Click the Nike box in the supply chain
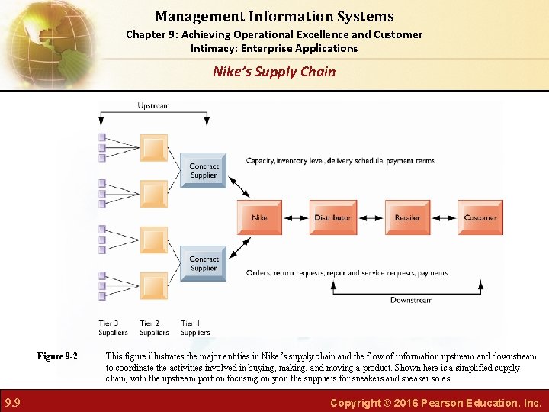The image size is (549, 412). [x=259, y=217]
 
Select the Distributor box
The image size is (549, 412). [x=332, y=217]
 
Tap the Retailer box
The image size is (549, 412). [x=407, y=217]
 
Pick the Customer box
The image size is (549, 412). [x=480, y=217]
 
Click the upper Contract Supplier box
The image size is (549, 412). [x=204, y=171]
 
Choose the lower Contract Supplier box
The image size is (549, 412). [x=204, y=263]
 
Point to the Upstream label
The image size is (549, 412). [x=153, y=105]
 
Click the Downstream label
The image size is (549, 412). [x=411, y=300]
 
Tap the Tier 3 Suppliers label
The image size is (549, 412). [x=113, y=328]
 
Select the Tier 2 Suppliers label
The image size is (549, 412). [x=154, y=328]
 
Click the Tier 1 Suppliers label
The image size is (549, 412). [x=195, y=328]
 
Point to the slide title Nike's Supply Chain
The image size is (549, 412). [x=274, y=72]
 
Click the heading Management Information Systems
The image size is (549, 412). [x=274, y=16]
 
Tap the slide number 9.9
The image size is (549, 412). [x=12, y=402]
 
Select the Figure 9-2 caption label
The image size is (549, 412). [x=58, y=356]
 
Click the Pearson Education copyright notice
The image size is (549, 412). [x=436, y=402]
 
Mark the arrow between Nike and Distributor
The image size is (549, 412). [x=296, y=217]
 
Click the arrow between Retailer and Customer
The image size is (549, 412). [x=444, y=217]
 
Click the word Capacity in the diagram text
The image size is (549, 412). [x=260, y=161]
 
